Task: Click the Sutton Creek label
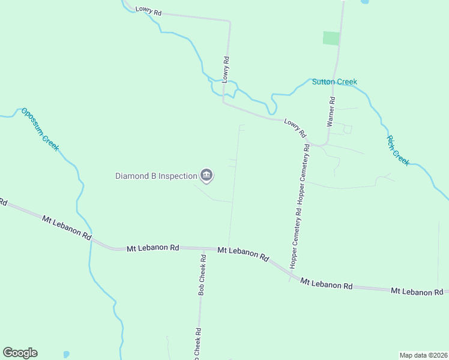tap(334, 82)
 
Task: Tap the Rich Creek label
tap(397, 150)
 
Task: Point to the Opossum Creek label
tap(40, 129)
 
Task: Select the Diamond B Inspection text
tap(156, 176)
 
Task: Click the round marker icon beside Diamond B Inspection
tap(206, 175)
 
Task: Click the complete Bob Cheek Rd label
tap(203, 275)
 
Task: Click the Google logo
tap(20, 353)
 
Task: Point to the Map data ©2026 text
tap(424, 355)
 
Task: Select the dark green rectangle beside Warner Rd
tap(331, 38)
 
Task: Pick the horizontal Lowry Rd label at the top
tap(148, 10)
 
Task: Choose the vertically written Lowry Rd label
tap(226, 70)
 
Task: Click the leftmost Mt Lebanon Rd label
tap(66, 227)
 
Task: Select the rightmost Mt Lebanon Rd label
tap(417, 292)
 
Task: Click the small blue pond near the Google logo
tap(65, 354)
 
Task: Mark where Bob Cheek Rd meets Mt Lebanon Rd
tap(202, 248)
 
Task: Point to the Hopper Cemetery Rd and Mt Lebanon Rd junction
tap(292, 277)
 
